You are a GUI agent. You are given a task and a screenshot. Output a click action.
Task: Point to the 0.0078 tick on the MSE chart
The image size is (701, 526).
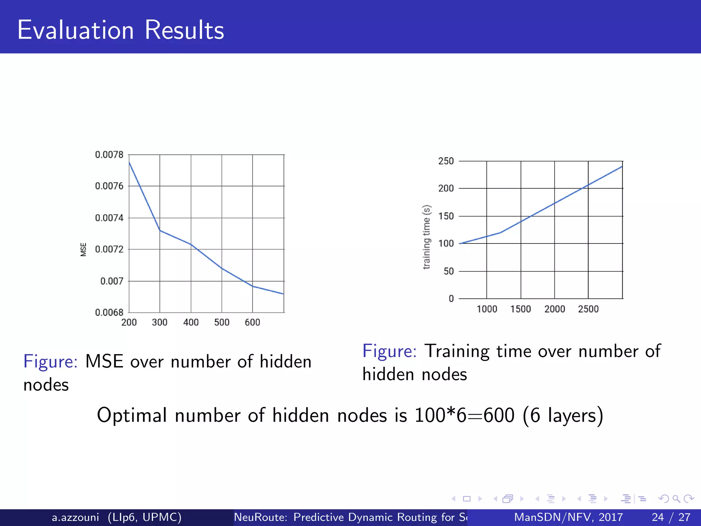[x=109, y=155]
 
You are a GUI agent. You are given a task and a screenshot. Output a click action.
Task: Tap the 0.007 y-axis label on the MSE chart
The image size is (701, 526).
[x=112, y=281]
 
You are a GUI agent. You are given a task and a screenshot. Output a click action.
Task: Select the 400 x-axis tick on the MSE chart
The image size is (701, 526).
[x=191, y=322]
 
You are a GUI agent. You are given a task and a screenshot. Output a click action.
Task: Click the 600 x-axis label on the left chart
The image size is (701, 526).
[x=252, y=322]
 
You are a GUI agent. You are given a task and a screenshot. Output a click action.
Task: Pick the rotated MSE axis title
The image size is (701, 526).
[x=83, y=249]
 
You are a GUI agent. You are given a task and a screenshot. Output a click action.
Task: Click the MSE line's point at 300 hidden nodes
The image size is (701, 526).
[x=160, y=230]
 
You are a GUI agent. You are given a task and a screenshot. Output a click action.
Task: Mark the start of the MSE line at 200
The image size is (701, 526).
[x=129, y=162]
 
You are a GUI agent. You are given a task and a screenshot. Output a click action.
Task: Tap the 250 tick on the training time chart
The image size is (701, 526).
[x=446, y=161]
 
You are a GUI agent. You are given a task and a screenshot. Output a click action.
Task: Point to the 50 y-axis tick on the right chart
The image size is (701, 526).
[x=448, y=271]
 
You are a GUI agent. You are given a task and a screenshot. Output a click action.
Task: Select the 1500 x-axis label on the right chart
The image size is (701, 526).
[x=520, y=309]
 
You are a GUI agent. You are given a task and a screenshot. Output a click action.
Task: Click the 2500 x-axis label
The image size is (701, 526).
[x=588, y=309]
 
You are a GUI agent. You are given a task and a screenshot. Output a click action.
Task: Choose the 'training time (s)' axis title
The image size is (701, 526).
[x=426, y=237]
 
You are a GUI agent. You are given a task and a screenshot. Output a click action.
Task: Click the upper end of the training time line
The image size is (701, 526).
[x=622, y=166]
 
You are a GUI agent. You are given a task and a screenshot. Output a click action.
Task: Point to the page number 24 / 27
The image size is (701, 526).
[x=671, y=517]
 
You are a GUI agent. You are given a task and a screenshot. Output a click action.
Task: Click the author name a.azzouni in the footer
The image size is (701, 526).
[x=75, y=517]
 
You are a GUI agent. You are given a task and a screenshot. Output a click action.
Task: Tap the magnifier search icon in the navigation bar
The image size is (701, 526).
[x=676, y=499]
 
